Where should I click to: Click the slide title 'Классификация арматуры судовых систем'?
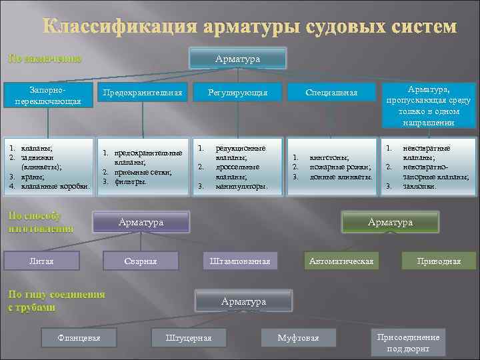pos(250,27)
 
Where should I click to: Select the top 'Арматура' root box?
pos(238,59)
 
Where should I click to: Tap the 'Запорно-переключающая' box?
pos(47,95)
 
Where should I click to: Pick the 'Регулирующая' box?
pos(237,93)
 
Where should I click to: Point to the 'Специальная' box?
pos(331,93)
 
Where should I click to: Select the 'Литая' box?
pos(42,260)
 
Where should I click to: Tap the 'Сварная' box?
pos(141,261)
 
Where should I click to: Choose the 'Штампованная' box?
pos(239,261)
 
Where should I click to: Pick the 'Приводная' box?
pos(438,261)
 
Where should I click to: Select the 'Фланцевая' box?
pos(79,338)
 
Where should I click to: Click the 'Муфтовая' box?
pos(298,338)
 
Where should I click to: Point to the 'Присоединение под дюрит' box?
pos(408,343)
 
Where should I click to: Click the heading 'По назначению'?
pos(45,59)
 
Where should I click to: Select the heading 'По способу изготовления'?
pos(40,222)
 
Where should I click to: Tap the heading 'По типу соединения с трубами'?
pos(56,301)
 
